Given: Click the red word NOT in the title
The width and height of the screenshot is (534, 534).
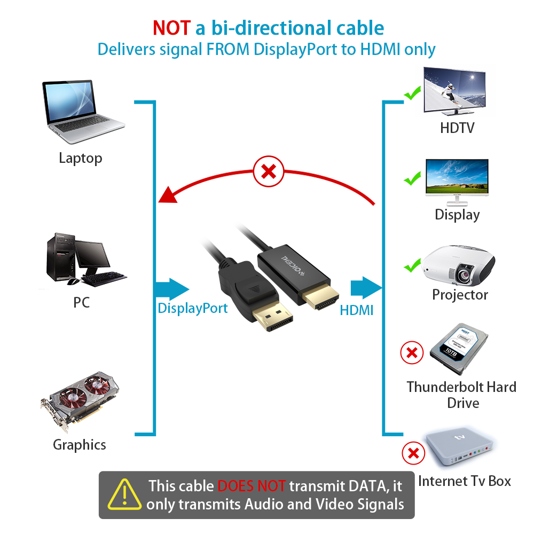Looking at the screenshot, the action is point(171,28).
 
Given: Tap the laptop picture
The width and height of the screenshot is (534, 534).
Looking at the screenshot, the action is point(83,112).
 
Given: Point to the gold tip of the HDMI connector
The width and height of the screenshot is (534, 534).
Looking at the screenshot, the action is point(320,297).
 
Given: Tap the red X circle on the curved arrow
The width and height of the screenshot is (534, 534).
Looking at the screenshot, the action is point(269,171).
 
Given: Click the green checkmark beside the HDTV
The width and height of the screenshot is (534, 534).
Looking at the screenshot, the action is point(412,93).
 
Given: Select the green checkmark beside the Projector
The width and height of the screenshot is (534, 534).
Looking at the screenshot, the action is point(412,265).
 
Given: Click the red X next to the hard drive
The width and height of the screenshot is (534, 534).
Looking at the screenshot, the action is point(412,352).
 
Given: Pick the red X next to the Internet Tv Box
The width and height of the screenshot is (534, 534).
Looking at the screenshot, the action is point(413,453).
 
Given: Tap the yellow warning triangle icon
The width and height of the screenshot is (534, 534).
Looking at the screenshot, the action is point(124,494).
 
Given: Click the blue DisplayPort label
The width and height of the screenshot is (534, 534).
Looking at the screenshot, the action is point(192,309).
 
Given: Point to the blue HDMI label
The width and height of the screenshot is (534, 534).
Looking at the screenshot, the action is point(357,310).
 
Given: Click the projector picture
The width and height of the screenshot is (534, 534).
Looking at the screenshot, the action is point(458,265).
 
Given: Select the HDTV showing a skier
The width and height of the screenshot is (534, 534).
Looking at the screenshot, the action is point(454,91).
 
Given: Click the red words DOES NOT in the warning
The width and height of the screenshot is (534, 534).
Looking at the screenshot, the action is point(252,486).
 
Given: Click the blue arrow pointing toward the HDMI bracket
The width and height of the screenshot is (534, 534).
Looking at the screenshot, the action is point(366,288).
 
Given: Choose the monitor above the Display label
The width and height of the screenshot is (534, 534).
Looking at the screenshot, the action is point(457,182).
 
